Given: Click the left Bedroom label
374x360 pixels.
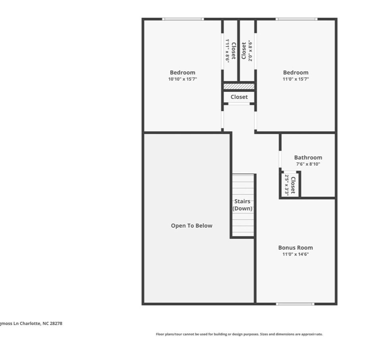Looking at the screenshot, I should pyautogui.click(x=182, y=72).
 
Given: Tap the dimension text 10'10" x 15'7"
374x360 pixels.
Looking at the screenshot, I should pyautogui.click(x=182, y=79).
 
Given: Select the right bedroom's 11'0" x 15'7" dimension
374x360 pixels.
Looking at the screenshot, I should pyautogui.click(x=295, y=79).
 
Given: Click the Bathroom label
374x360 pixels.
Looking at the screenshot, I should pyautogui.click(x=308, y=157).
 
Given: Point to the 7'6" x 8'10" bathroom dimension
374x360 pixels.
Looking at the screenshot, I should pyautogui.click(x=308, y=164).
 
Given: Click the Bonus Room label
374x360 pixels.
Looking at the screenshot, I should pyautogui.click(x=295, y=248).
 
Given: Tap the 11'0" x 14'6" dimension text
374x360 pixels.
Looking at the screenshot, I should pyautogui.click(x=295, y=254).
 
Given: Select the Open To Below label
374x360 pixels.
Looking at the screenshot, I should pyautogui.click(x=191, y=226).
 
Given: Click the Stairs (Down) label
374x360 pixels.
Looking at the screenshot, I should pyautogui.click(x=242, y=205).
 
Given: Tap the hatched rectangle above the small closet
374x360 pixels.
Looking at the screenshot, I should pyautogui.click(x=239, y=86).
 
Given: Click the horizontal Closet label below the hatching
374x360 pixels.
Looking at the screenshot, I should pyautogui.click(x=239, y=97).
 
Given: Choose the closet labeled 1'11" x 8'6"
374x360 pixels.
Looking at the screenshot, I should pyautogui.click(x=230, y=50).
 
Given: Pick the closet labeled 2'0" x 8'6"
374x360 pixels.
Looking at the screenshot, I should pyautogui.click(x=247, y=50).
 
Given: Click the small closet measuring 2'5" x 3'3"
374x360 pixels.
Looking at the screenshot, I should pyautogui.click(x=290, y=185).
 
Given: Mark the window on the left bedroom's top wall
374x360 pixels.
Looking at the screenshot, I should pyautogui.click(x=183, y=19).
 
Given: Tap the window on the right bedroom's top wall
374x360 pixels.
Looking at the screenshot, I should pyautogui.click(x=297, y=19).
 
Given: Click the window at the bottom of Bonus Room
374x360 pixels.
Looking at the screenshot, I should pyautogui.click(x=295, y=304).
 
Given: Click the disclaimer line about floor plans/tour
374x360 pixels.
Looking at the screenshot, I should pyautogui.click(x=239, y=334).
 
